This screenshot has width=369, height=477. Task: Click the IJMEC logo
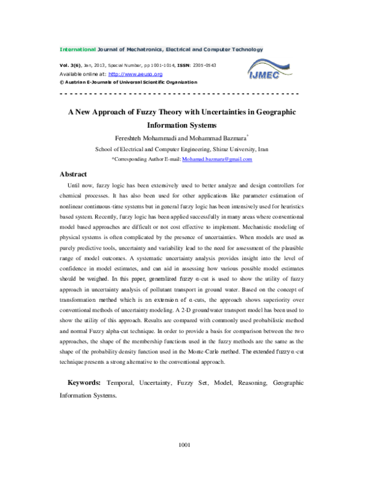tap(269, 69)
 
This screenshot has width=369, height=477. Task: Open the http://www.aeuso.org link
tap(135, 74)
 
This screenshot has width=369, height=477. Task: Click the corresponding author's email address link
tap(217, 159)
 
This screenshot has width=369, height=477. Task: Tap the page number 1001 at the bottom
tap(184, 445)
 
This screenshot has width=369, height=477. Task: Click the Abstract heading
tap(73, 174)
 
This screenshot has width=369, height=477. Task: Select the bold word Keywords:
tap(84, 382)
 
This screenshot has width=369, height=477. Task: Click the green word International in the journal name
tap(77, 49)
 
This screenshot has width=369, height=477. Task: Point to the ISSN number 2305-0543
tap(205, 65)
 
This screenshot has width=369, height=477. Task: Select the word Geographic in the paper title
tap(276, 112)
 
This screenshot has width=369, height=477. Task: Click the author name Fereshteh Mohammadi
tap(146, 138)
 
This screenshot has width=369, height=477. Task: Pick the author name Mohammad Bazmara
tap(218, 138)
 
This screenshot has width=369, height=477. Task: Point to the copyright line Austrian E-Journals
tap(128, 82)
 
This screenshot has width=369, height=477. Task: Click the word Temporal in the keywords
tap(120, 383)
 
